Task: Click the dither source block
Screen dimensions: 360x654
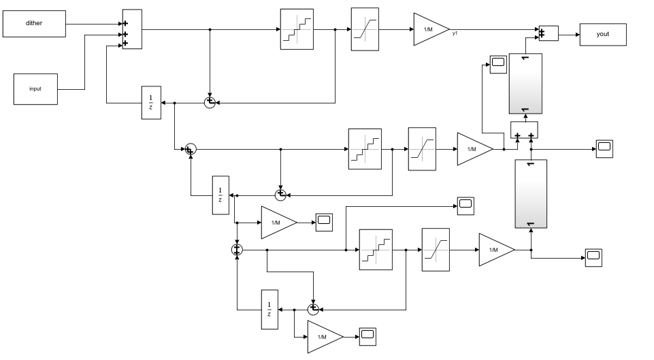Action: pos(35,24)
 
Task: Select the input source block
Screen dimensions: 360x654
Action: pos(35,89)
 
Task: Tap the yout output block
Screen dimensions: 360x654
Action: pos(603,33)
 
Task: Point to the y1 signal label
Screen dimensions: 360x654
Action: pos(455,33)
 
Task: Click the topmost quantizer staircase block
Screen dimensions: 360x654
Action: pos(297,29)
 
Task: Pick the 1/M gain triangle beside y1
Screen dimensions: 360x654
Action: pos(429,29)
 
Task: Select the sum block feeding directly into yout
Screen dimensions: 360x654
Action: pos(548,33)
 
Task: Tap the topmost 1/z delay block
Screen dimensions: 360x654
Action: pos(151,103)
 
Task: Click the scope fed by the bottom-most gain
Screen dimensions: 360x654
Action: pos(368,334)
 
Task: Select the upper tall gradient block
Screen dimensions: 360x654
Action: pos(525,83)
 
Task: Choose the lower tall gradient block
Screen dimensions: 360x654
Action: pos(531,194)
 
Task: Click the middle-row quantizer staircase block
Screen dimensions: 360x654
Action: pos(365,148)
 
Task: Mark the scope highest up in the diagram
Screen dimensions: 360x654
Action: pos(499,64)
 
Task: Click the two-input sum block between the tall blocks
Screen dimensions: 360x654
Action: pos(524,130)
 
